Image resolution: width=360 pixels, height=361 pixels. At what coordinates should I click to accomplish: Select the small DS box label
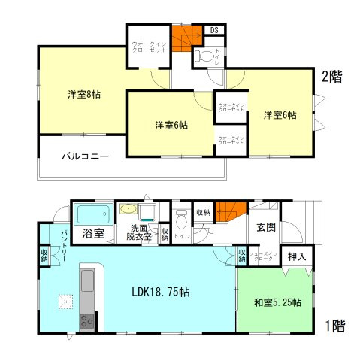(x=213, y=30)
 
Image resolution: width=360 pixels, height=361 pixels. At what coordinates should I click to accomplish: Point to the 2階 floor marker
(x=333, y=76)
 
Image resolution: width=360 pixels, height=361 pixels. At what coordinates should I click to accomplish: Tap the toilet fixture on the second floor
(x=202, y=55)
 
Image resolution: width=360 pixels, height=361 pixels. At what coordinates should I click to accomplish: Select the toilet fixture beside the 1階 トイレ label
(x=181, y=220)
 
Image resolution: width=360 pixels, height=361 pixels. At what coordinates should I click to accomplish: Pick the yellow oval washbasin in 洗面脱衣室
(x=129, y=210)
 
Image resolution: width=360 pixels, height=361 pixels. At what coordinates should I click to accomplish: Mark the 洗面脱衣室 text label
(x=138, y=232)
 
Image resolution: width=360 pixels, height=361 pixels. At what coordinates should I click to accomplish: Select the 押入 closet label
(x=297, y=257)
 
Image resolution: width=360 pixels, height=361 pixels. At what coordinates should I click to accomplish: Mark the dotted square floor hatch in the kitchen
(x=65, y=302)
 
